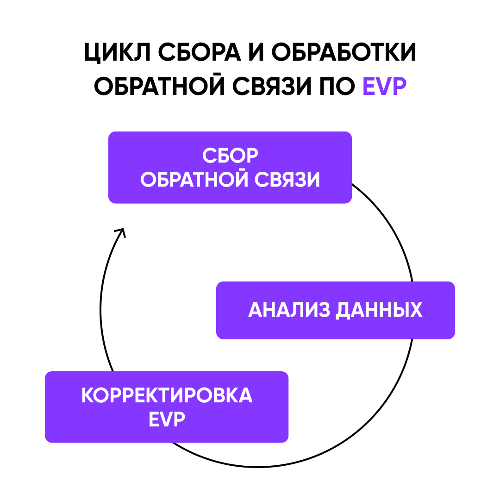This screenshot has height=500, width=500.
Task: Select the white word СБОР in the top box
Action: [x=230, y=156]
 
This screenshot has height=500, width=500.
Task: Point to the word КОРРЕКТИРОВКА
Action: [x=167, y=396]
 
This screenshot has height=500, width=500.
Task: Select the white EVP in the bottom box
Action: [x=167, y=420]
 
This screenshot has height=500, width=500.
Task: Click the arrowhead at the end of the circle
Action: [x=121, y=231]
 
